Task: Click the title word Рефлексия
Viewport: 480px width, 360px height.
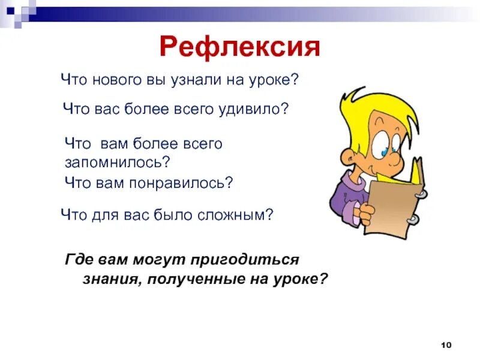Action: [x=240, y=47]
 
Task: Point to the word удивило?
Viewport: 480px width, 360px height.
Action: [x=260, y=109]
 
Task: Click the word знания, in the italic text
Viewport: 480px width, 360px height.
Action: [x=109, y=278]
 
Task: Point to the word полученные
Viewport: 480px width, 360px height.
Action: [x=193, y=278]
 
